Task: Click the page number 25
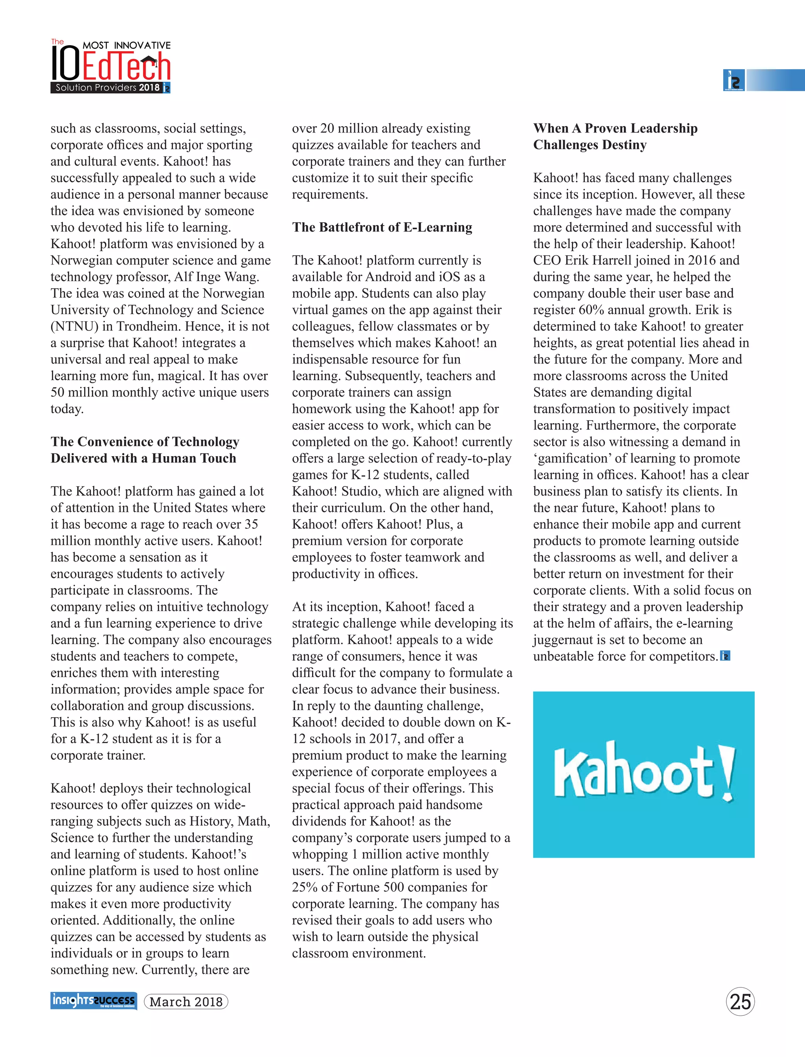point(740,1002)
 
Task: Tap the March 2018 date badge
point(186,1002)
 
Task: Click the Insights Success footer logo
point(94,1000)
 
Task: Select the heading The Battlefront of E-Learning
point(382,227)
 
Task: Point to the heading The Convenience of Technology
point(145,442)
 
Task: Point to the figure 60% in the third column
point(591,310)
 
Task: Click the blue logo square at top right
point(733,80)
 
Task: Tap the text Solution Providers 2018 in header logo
point(107,87)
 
